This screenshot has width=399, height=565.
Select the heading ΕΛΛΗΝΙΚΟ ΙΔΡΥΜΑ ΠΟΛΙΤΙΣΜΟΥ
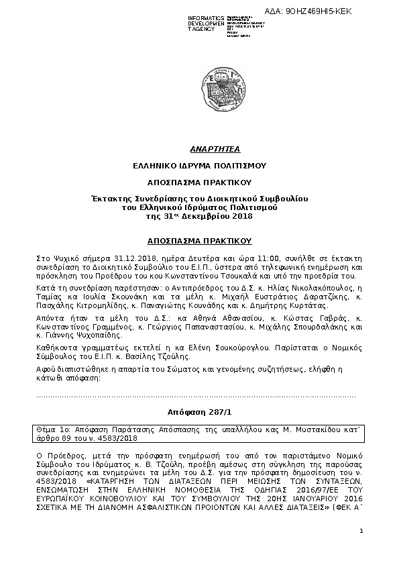(x=198, y=164)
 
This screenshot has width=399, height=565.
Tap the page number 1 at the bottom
(x=361, y=531)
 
